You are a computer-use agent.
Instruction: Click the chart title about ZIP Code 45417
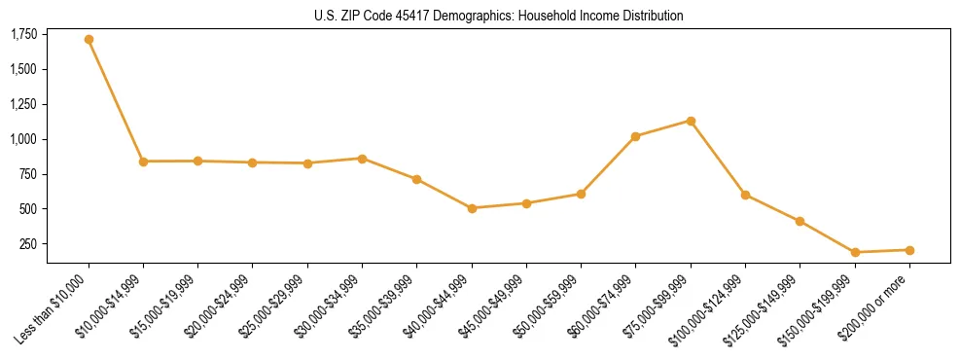[x=499, y=16]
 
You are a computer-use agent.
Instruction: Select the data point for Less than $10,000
[x=89, y=40]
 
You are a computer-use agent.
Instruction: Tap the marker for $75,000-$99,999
[x=691, y=121]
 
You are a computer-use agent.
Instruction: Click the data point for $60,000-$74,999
[x=635, y=136]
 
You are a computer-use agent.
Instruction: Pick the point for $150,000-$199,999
[x=854, y=252]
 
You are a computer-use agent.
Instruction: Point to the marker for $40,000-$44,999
[x=472, y=208]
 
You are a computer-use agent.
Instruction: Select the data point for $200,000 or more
[x=909, y=250]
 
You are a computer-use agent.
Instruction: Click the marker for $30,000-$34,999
[x=362, y=159]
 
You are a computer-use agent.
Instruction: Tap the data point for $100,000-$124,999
[x=745, y=195]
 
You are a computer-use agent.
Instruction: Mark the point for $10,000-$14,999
[x=144, y=162]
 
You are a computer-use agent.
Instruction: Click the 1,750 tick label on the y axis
[x=24, y=35]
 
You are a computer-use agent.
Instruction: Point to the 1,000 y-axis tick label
[x=24, y=139]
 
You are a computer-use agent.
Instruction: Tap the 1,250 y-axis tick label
[x=24, y=105]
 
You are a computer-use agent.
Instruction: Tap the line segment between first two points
[x=117, y=101]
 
